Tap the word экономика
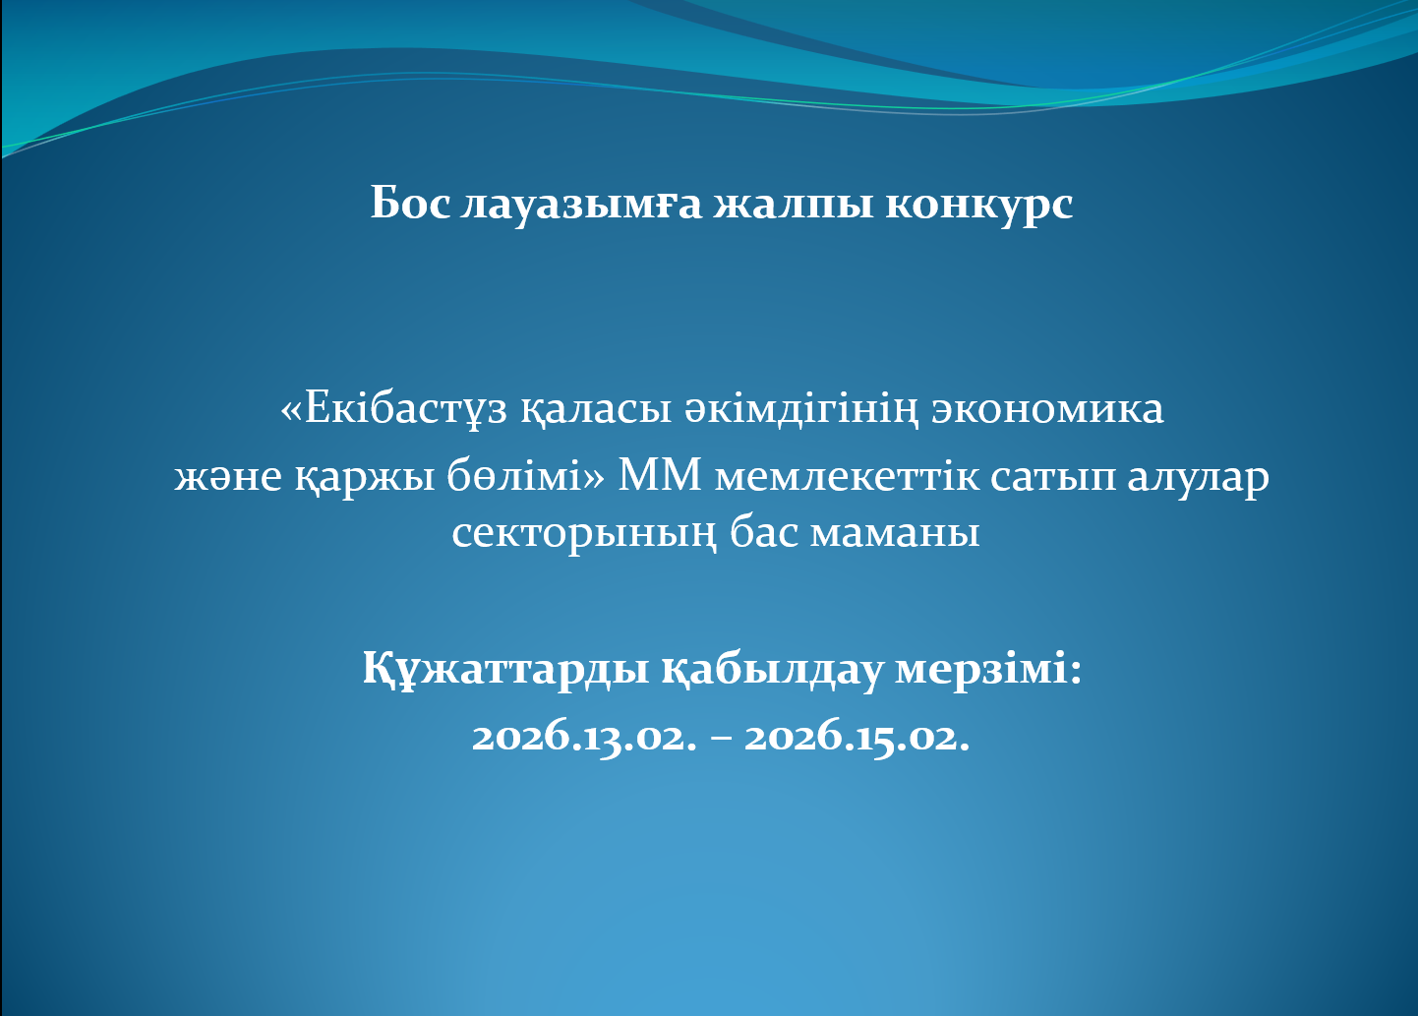(x=1047, y=408)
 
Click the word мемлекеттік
(x=847, y=476)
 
